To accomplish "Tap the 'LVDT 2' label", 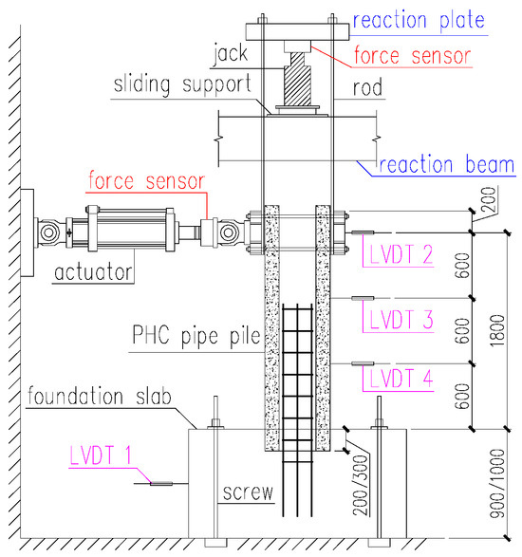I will (x=400, y=253).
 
